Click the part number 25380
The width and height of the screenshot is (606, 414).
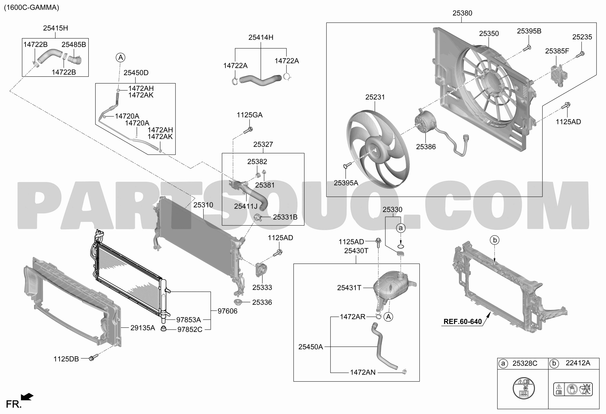point(462,13)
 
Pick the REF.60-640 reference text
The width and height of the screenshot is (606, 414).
point(463,321)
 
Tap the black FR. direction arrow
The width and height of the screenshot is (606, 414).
point(27,397)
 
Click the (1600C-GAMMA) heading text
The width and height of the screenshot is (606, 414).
point(32,7)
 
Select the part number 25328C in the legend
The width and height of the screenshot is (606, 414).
point(525,363)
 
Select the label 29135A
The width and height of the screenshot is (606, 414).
point(143,328)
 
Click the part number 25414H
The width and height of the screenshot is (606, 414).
point(261,38)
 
